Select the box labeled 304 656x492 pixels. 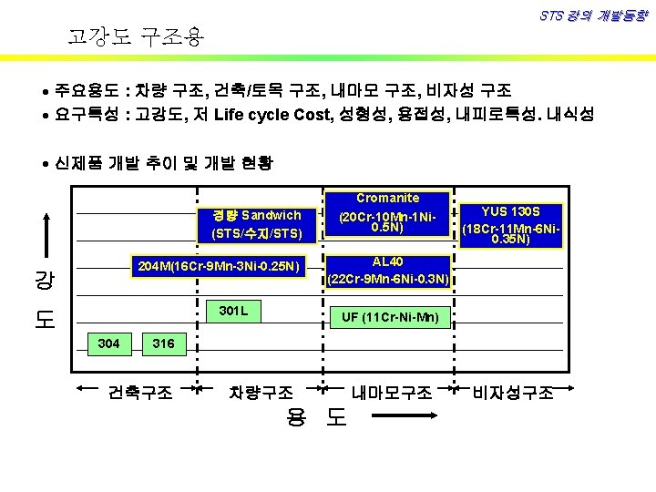tap(108, 343)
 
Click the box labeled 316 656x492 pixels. tap(164, 343)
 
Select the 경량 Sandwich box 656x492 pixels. tap(256, 224)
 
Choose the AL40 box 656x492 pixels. tap(387, 270)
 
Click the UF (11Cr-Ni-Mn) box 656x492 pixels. tap(390, 317)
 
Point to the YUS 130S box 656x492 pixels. tap(513, 224)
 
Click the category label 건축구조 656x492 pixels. tap(140, 393)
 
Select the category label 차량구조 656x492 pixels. tap(261, 393)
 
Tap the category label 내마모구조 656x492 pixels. tap(392, 393)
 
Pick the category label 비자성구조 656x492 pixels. tap(512, 393)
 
